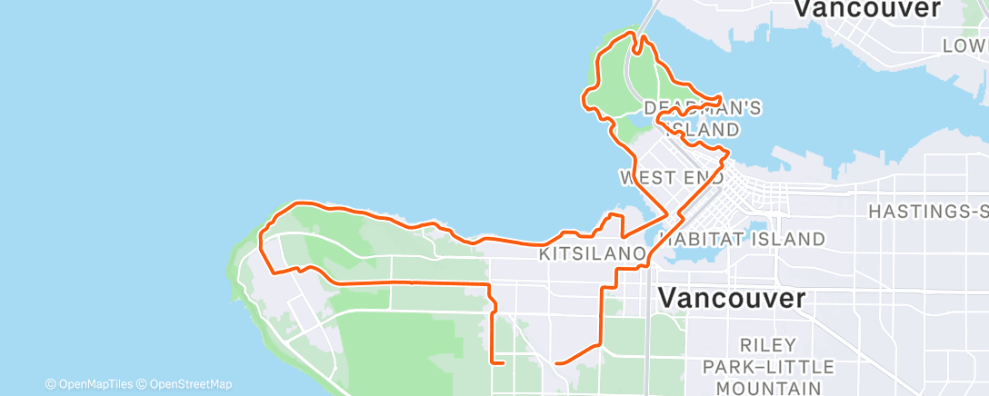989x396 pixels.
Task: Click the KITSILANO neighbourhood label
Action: coord(593,255)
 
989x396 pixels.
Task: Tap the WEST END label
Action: coord(671,176)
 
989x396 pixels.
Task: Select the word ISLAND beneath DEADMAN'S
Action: coord(703,131)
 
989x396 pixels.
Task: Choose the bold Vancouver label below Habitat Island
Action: coord(731,298)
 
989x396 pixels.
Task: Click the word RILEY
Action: coord(768,345)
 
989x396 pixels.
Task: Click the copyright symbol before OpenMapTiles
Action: coord(50,384)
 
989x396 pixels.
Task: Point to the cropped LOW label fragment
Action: coord(964,45)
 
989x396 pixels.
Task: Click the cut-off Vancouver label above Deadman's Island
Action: coord(866,9)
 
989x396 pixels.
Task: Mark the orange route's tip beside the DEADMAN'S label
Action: coord(721,96)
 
